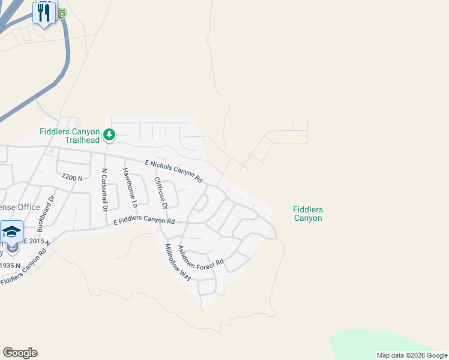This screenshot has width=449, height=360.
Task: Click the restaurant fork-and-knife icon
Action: pos(44,12)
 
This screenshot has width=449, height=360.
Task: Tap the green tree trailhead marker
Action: pos(109,134)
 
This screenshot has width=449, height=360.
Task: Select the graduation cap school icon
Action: pos(11,232)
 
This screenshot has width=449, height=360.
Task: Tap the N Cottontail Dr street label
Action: pos(104,190)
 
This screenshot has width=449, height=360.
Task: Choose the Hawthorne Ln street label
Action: pos(130,187)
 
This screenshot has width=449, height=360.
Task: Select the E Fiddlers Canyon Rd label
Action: pos(144,221)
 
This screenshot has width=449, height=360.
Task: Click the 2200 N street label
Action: pos(71,178)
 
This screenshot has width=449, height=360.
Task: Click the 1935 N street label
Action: pos(10,265)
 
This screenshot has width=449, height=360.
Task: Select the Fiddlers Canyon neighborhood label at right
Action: pos(308,214)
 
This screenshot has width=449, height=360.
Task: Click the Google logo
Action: pos(20,353)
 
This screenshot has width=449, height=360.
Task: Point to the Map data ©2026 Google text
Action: pos(412,355)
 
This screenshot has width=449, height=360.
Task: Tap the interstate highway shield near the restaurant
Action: pos(62,11)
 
